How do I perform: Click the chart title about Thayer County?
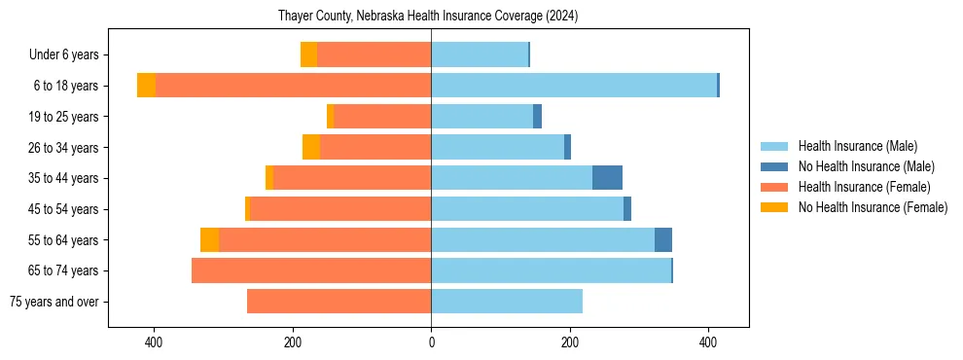click(428, 16)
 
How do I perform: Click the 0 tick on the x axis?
click(431, 342)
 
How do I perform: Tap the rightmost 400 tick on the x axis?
click(708, 342)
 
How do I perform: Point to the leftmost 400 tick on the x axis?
click(154, 342)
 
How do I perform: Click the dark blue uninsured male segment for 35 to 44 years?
click(607, 178)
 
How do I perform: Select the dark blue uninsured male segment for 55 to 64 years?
click(662, 239)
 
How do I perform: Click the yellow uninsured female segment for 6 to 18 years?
click(146, 86)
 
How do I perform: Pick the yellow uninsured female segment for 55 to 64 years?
click(209, 239)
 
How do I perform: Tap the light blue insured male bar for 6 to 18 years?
click(574, 86)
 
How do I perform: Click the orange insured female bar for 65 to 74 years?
click(311, 270)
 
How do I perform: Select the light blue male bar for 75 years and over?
click(507, 302)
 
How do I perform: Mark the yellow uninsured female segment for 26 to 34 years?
click(311, 147)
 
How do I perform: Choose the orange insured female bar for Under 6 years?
click(374, 55)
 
